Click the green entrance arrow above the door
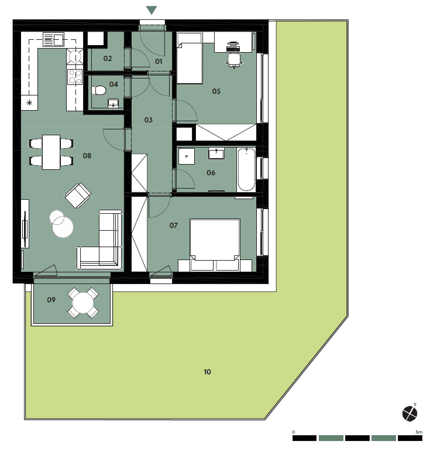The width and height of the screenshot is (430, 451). (152, 10)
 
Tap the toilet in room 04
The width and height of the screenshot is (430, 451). (99, 90)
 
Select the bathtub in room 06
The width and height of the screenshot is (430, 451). (246, 169)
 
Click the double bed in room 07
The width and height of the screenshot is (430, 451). (215, 245)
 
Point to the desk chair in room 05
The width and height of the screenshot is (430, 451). (234, 61)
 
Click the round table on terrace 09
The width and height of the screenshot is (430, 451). (83, 303)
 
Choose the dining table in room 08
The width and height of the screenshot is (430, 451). (51, 152)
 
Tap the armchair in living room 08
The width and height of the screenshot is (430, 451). (78, 195)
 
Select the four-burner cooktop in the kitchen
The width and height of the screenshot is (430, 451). (75, 77)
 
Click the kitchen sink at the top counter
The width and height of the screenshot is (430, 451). (53, 39)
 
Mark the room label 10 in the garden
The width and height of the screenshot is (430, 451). (207, 372)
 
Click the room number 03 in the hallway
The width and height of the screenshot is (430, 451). (148, 120)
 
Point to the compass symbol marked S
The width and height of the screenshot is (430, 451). (410, 414)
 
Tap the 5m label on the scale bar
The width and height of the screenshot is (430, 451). (419, 432)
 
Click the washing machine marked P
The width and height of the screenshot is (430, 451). (187, 156)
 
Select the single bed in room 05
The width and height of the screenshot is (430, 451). (190, 59)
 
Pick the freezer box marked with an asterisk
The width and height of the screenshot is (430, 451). (29, 102)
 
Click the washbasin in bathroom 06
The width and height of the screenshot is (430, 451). (216, 153)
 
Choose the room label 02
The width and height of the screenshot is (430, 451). (108, 59)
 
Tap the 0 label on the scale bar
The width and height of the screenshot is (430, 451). (293, 432)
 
